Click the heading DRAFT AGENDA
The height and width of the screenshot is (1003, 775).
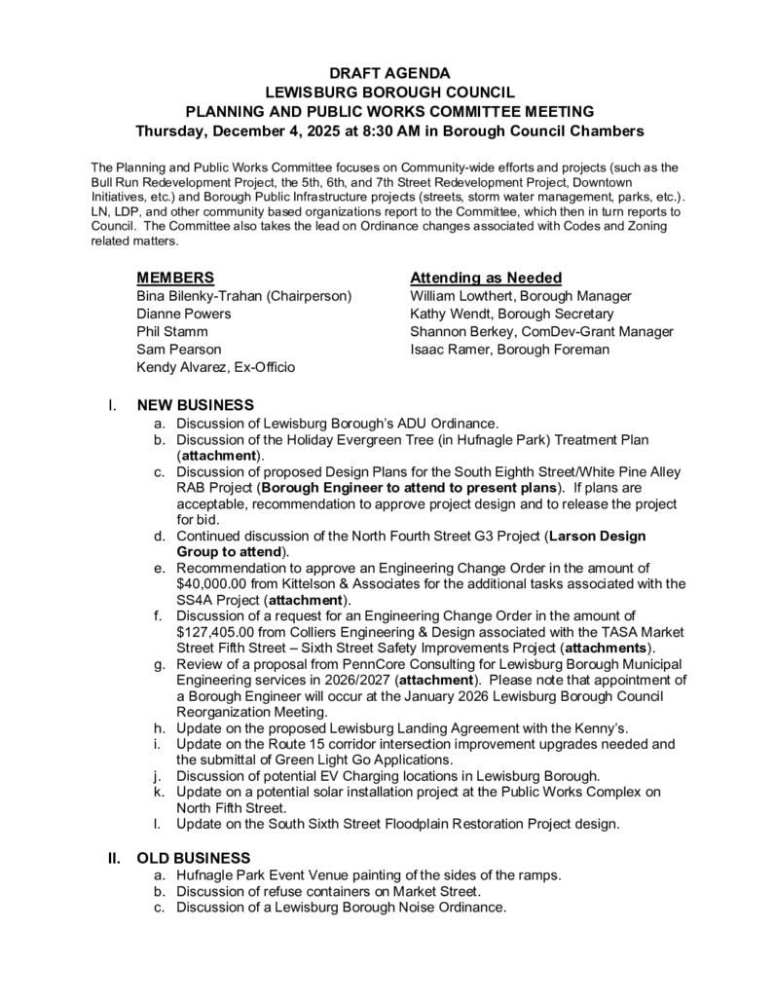point(388,73)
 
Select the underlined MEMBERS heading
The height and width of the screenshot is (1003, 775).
point(175,278)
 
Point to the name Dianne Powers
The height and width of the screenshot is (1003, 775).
point(184,314)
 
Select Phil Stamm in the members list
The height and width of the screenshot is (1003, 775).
point(172,331)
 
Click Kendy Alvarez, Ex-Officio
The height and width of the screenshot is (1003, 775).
point(216,367)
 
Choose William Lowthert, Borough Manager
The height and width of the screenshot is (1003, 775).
point(521,296)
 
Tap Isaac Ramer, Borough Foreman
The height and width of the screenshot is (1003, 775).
point(509,349)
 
